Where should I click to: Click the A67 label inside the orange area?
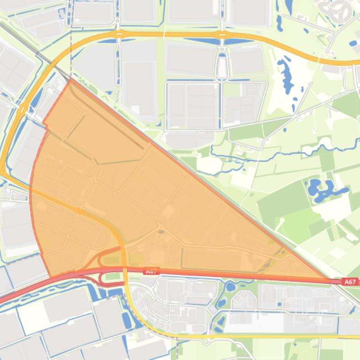(x=152, y=271)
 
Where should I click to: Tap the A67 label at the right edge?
(x=350, y=281)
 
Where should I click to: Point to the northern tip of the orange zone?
(x=71, y=79)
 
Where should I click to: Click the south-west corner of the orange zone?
(x=50, y=276)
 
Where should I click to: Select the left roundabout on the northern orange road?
(x=119, y=34)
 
